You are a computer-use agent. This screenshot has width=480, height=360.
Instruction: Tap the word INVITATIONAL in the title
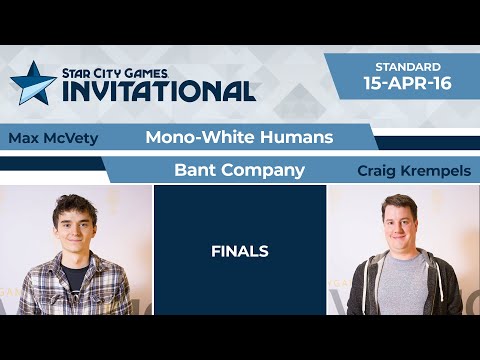pyautogui.click(x=159, y=90)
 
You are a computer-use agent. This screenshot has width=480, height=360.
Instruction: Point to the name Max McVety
pyautogui.click(x=52, y=138)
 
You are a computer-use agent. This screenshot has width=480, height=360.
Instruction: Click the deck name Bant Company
pyautogui.click(x=238, y=170)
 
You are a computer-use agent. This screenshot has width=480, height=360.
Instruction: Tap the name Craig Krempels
pyautogui.click(x=399, y=171)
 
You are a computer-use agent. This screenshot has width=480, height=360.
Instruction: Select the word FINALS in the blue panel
pyautogui.click(x=239, y=251)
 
